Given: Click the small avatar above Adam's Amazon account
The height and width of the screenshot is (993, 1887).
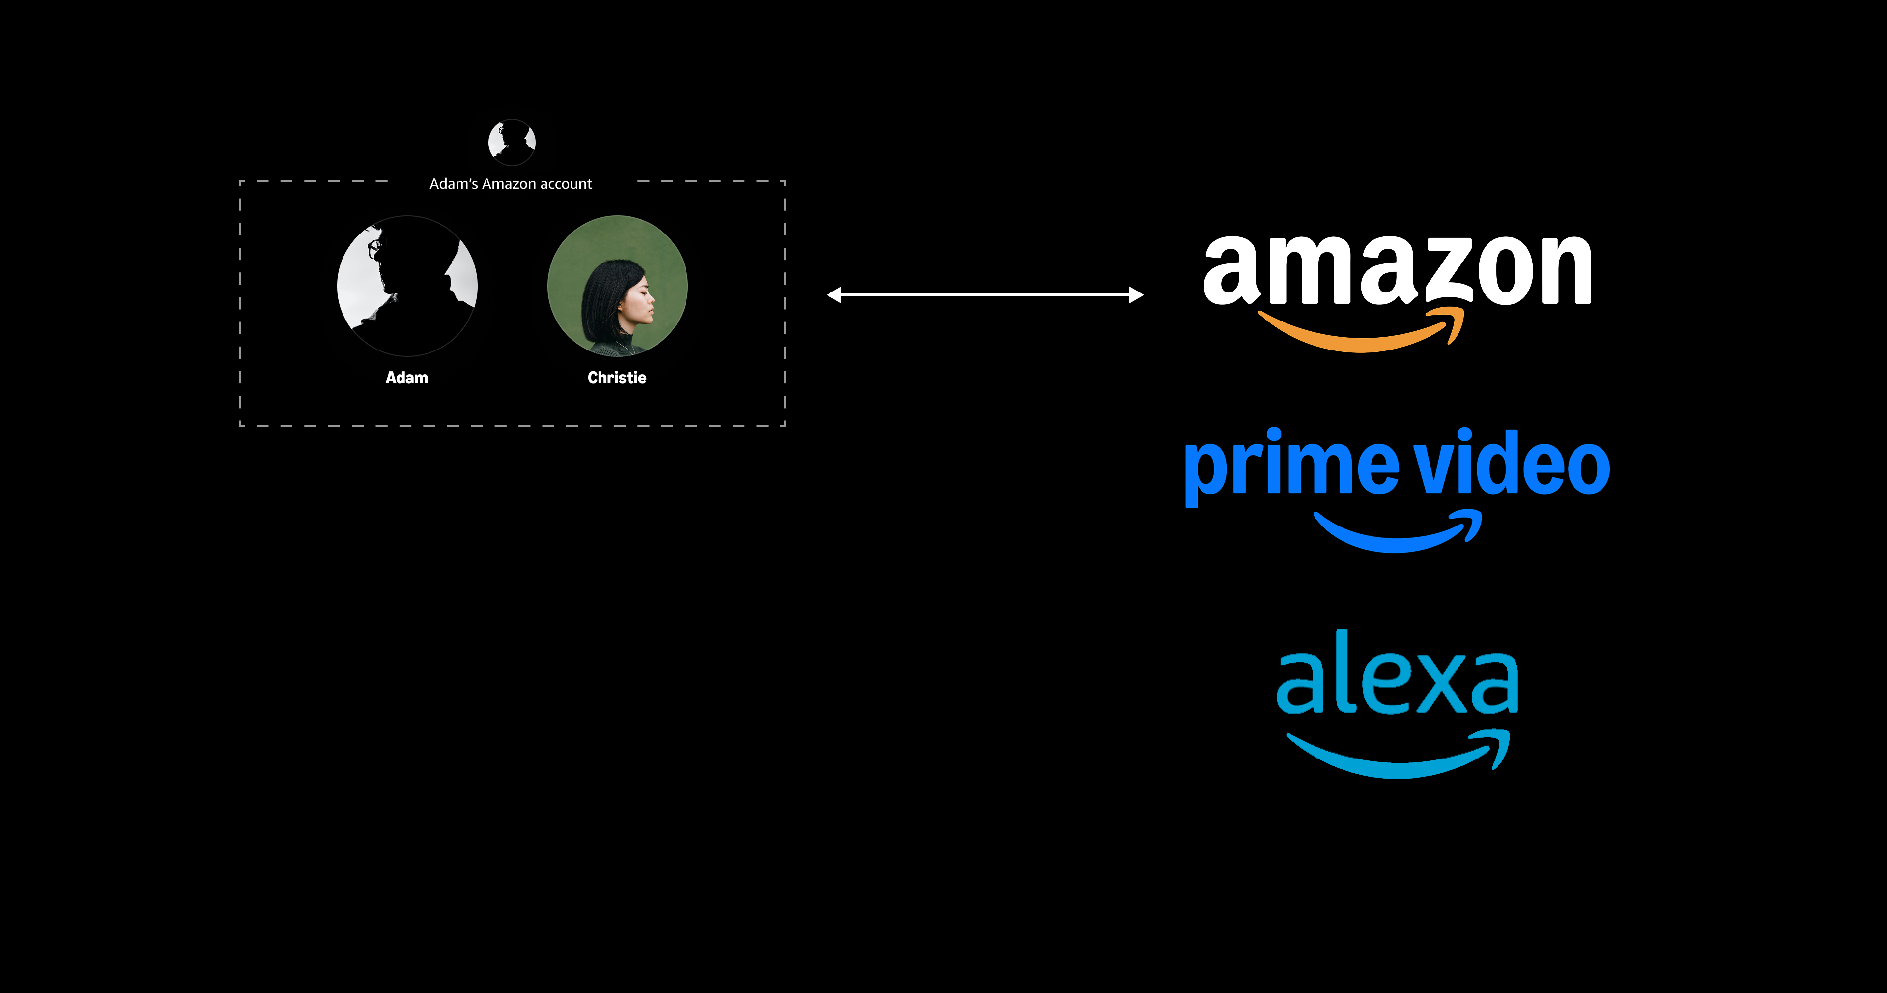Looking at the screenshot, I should coord(512,142).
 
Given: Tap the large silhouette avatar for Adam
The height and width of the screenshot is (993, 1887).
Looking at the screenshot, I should coord(407,286).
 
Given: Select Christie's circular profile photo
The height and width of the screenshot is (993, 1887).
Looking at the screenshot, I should coord(618,286).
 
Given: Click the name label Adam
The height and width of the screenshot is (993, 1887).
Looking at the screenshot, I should coord(406,378).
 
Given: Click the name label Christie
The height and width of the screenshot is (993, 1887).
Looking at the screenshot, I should coord(617,378).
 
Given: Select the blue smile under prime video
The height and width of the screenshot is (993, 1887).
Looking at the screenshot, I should coord(1396,535).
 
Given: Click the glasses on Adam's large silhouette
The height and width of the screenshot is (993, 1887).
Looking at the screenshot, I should coord(375,248).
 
